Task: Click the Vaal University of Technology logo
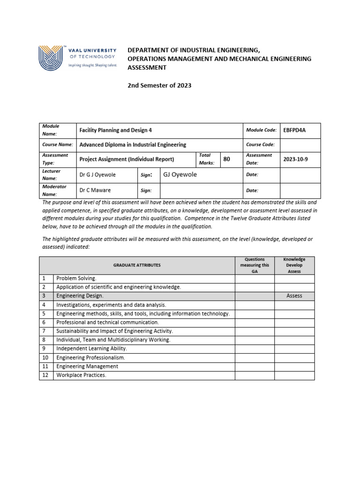click(77, 58)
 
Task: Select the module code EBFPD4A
click(294, 131)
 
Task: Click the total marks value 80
click(227, 159)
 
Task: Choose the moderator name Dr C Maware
click(95, 190)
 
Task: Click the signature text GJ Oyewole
click(180, 174)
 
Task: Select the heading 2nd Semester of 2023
click(159, 86)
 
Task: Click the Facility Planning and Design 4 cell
click(115, 131)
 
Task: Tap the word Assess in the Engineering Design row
click(294, 296)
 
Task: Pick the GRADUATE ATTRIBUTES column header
click(137, 265)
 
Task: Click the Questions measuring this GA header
click(255, 265)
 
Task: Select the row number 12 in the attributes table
click(45, 375)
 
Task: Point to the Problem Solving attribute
click(76, 278)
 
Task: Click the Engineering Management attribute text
click(87, 366)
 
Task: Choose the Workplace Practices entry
click(81, 375)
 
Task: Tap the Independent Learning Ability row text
click(91, 348)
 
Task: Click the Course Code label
click(260, 145)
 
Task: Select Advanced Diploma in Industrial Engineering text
click(133, 145)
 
